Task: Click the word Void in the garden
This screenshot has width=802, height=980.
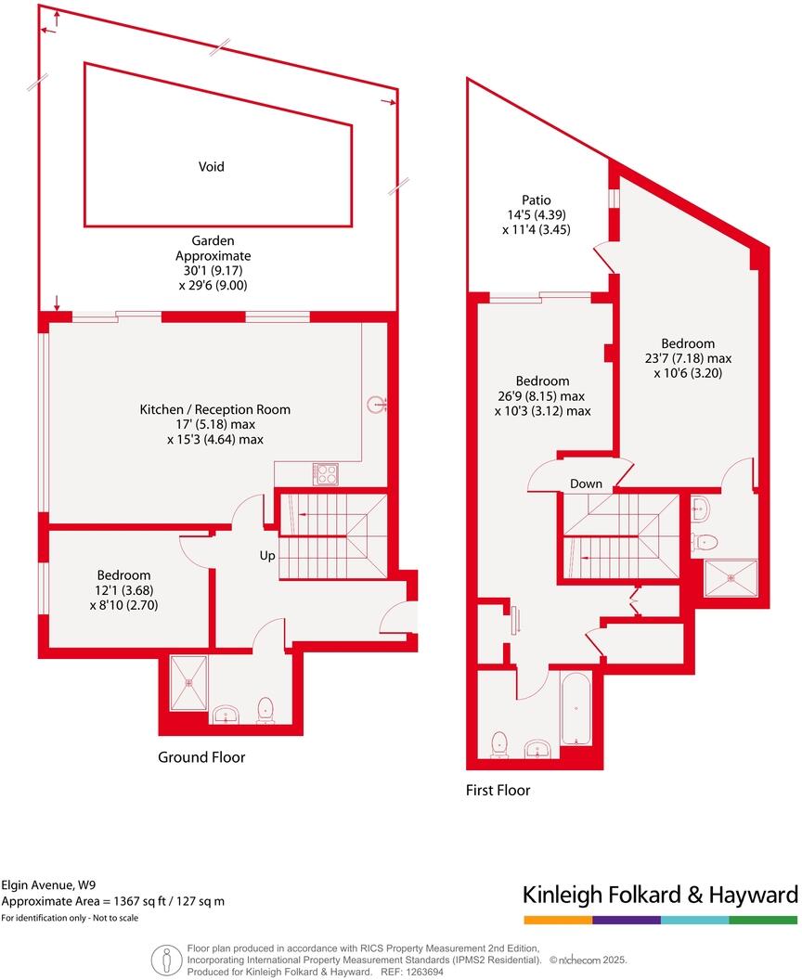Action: point(211,167)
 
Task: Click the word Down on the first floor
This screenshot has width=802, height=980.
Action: point(586,484)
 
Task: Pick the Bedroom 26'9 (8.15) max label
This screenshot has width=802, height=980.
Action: point(543,396)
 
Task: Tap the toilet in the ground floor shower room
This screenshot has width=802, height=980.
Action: point(265,711)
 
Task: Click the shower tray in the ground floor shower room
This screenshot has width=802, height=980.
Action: point(189,683)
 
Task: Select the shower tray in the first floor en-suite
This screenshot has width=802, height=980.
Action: point(731,578)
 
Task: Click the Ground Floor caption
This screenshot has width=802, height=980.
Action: point(201,757)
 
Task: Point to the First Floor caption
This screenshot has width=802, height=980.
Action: point(498,791)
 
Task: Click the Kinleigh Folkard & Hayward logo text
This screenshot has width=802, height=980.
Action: point(660,896)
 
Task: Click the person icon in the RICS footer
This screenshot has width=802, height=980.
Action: point(166,958)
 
